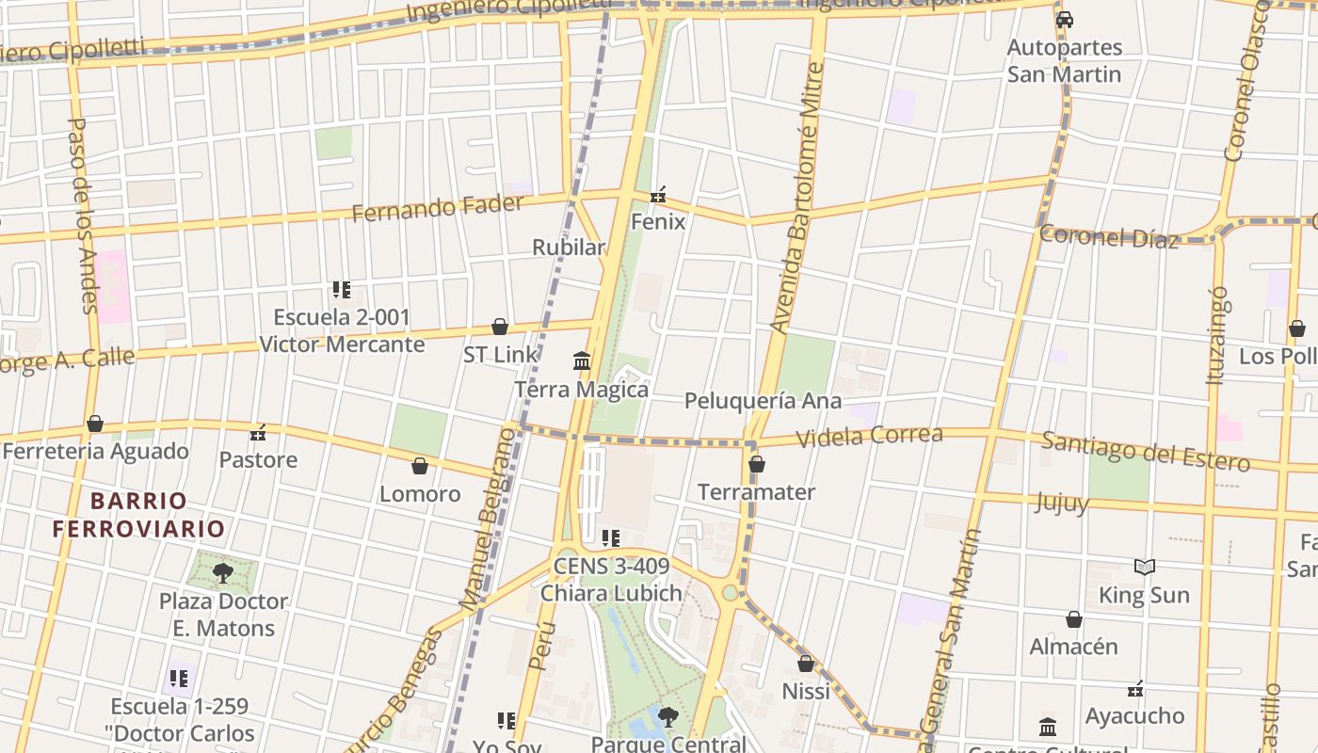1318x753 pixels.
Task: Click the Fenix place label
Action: [658, 222]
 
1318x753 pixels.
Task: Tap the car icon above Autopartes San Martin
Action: [1065, 19]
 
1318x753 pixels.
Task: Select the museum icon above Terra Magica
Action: [582, 360]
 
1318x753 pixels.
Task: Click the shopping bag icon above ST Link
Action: [500, 327]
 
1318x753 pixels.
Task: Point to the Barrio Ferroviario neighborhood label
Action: [138, 514]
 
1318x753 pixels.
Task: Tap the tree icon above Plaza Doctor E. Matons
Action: [223, 572]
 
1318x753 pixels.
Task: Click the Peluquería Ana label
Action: [763, 401]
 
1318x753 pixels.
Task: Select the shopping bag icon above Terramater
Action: [757, 464]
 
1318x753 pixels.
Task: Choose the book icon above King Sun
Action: [1145, 567]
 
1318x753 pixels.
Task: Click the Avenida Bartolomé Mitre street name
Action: [796, 198]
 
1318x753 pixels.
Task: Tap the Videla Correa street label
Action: [870, 436]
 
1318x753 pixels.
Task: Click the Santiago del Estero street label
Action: [1146, 450]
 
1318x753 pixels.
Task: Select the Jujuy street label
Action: [1062, 503]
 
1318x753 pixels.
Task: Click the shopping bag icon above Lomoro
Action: [420, 466]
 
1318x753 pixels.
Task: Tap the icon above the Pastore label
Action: [258, 433]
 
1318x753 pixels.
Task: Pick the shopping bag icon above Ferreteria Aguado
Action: [95, 424]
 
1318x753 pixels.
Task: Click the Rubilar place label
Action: [569, 248]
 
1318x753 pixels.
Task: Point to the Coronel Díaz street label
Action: [1109, 236]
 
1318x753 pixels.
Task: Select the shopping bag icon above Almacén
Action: [1074, 619]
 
